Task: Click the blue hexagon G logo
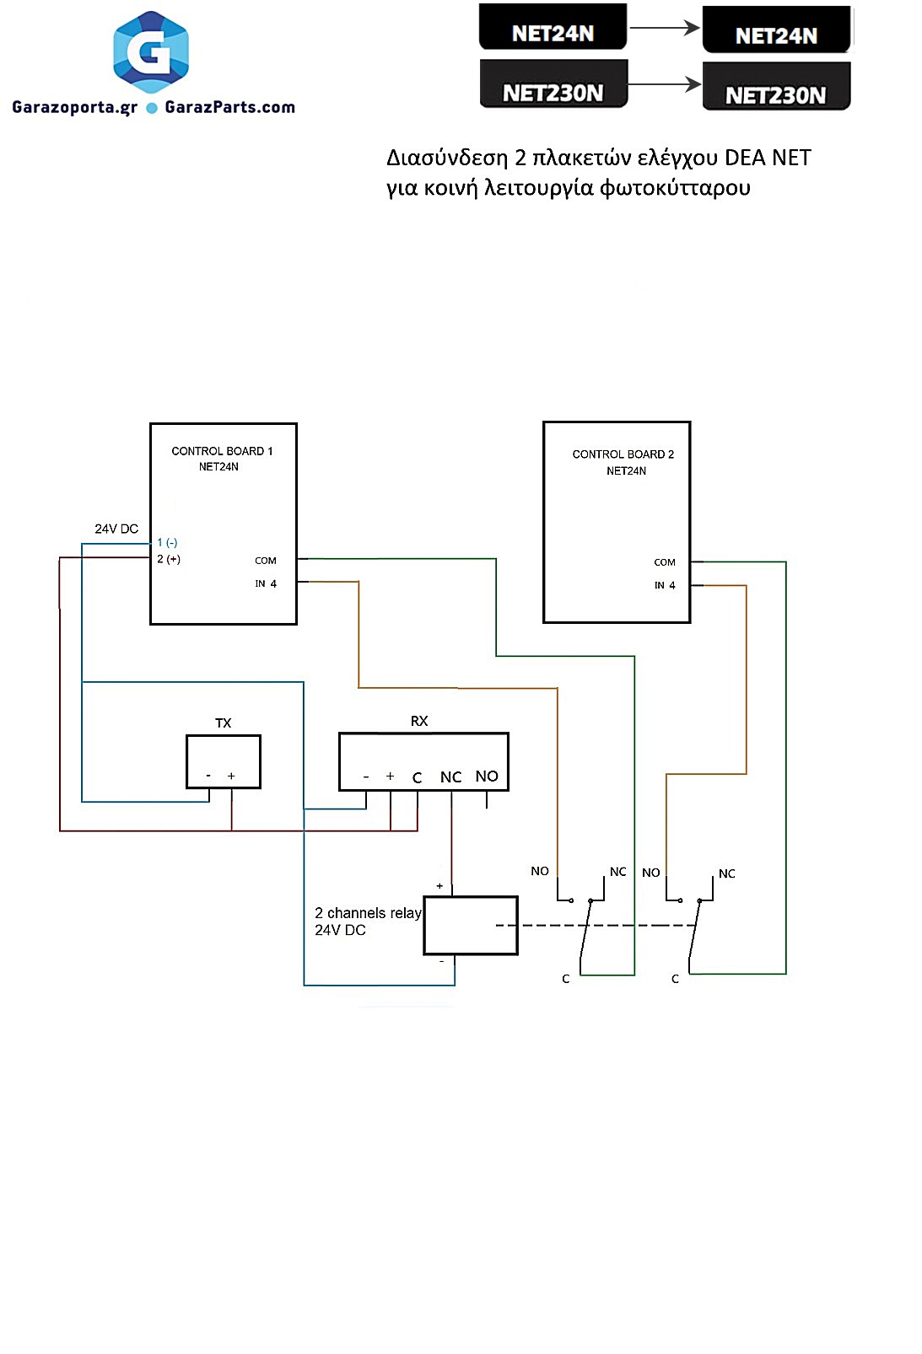tap(151, 52)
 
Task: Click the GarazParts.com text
tap(229, 107)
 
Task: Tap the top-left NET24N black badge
tap(553, 33)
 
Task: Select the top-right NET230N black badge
tap(775, 95)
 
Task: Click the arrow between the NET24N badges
tap(665, 28)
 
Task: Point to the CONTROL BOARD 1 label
tap(222, 451)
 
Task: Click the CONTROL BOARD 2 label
tap(623, 454)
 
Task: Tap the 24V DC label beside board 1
tap(116, 529)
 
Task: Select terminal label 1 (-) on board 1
tap(167, 542)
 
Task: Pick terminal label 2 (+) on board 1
tap(169, 559)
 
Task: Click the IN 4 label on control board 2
tap(665, 585)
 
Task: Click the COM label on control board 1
tap(266, 561)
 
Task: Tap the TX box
tap(223, 761)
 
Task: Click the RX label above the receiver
tap(419, 721)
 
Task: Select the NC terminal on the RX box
tap(450, 777)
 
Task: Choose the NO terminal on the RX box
tap(487, 776)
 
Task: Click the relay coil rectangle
tap(470, 925)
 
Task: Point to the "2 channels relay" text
tap(368, 913)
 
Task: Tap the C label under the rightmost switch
tap(675, 979)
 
